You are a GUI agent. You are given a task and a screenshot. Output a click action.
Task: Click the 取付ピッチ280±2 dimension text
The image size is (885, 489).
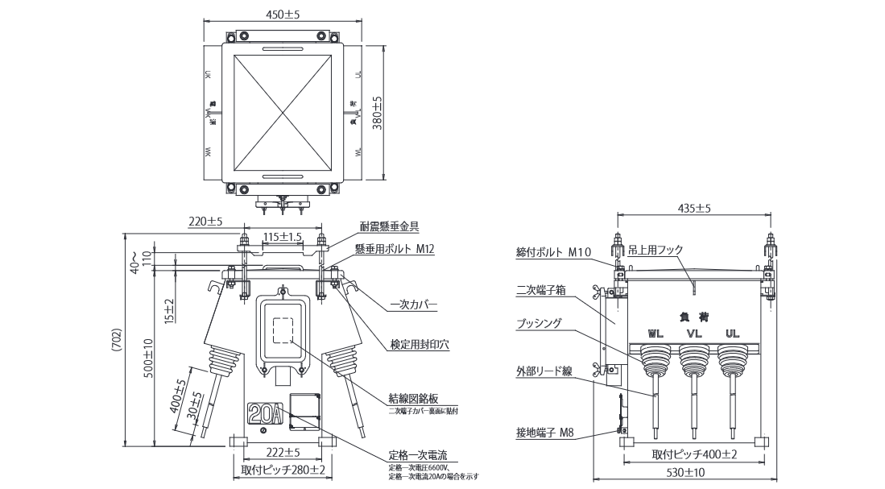[x=283, y=470]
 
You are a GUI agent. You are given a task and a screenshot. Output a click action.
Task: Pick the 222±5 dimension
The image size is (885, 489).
[x=283, y=453]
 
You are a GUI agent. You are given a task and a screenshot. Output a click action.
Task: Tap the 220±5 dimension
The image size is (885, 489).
[x=205, y=221]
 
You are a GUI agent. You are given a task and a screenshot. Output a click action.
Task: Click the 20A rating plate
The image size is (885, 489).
[x=265, y=414]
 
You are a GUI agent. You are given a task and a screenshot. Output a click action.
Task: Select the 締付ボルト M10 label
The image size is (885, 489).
[x=554, y=252]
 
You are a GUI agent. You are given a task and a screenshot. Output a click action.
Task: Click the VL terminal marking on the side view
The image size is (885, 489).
[x=694, y=333]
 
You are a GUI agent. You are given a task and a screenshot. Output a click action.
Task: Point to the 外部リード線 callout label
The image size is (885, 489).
[x=544, y=371]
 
